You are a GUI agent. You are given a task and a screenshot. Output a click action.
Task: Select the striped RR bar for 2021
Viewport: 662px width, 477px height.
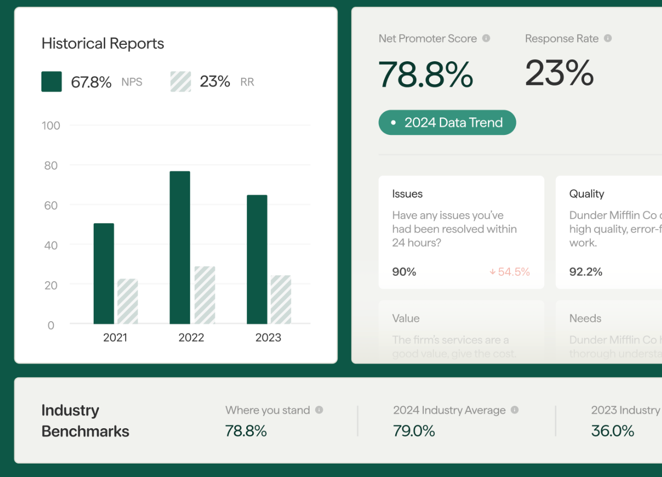coord(128,301)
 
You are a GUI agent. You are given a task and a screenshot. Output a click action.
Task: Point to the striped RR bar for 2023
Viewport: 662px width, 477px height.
coord(281,299)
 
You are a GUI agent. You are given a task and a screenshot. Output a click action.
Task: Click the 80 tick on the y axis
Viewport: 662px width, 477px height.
coord(51,165)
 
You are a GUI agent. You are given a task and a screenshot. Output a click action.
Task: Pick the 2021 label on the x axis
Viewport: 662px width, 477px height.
coord(115,338)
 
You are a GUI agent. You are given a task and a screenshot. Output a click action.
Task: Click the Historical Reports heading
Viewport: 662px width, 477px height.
coord(103,44)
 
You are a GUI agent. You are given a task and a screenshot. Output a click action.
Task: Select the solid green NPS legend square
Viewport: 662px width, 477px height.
coord(52,82)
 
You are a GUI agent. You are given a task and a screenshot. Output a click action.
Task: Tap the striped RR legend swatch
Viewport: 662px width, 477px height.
coord(180,82)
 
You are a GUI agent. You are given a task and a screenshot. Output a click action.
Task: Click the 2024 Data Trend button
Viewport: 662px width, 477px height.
coord(447,122)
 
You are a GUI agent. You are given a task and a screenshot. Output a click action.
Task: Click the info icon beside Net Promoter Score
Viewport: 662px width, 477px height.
coord(486,38)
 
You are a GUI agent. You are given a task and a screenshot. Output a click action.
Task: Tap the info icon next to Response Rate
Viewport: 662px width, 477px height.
coord(608,38)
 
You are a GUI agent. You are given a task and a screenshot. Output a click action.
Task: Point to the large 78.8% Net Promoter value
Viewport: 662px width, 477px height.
coord(426,75)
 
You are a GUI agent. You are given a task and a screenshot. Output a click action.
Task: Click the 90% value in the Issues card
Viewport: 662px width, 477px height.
coord(404,272)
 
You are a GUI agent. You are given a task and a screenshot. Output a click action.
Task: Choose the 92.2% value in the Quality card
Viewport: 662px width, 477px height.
coord(586,272)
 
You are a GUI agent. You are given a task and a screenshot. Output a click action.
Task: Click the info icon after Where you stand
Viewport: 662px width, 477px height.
coord(319,410)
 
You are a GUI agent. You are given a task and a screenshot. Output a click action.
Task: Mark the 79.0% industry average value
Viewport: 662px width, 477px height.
coord(414,431)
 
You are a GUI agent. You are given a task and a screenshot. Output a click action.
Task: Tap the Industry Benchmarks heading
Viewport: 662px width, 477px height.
coord(85,421)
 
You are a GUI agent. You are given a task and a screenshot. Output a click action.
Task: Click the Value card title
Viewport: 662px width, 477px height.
coord(406,318)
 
